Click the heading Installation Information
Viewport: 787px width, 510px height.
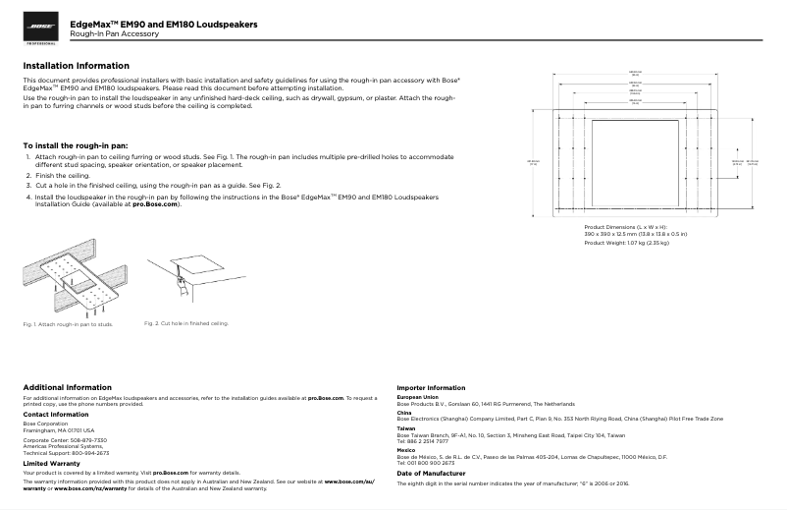pyautogui.click(x=76, y=66)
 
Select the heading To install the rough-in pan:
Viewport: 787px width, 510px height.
pyautogui.click(x=75, y=145)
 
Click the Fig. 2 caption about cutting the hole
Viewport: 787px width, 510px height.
pyautogui.click(x=186, y=322)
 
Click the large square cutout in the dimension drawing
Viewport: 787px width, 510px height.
pyautogui.click(x=635, y=161)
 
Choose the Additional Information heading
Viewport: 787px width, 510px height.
pyautogui.click(x=67, y=387)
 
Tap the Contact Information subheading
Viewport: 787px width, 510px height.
pyautogui.click(x=62, y=415)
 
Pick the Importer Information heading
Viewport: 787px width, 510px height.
pyautogui.click(x=431, y=388)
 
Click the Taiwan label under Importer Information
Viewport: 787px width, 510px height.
pyautogui.click(x=405, y=428)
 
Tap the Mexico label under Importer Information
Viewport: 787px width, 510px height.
pyautogui.click(x=405, y=450)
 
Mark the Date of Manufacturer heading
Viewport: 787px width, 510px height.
pyautogui.click(x=439, y=474)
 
